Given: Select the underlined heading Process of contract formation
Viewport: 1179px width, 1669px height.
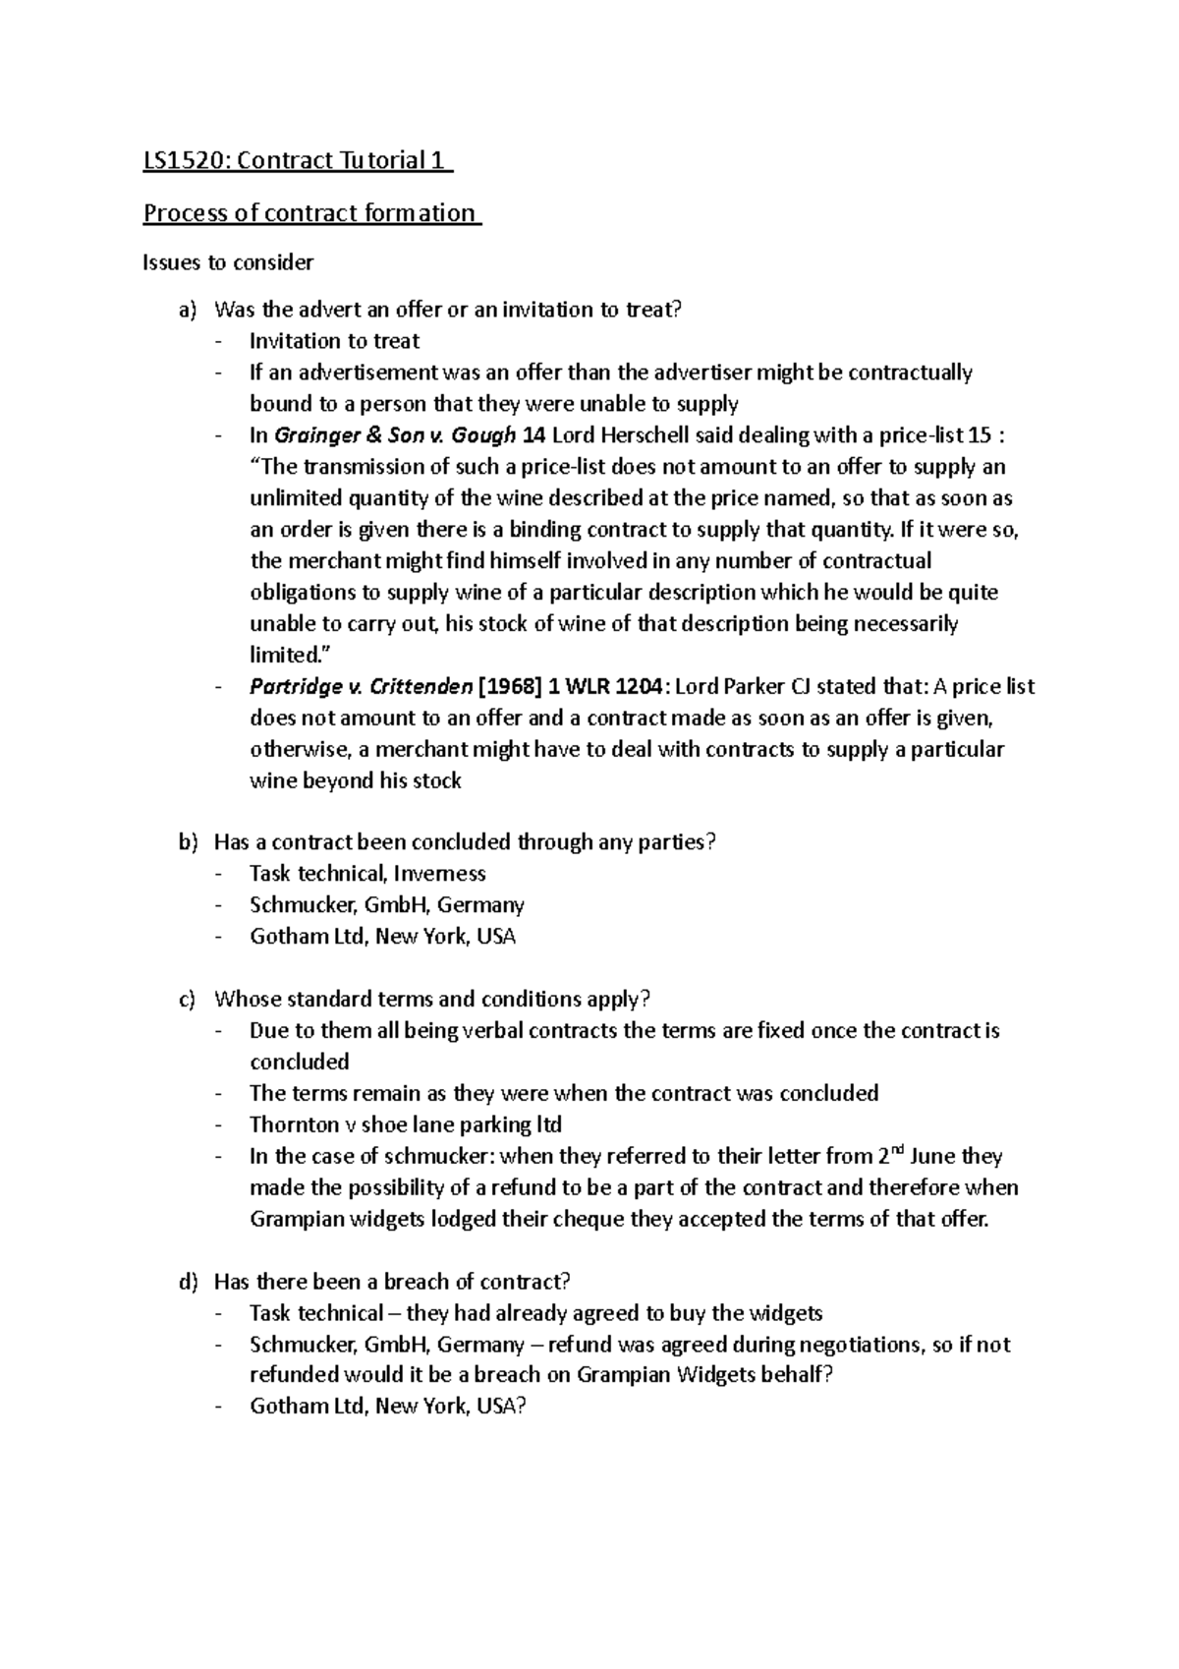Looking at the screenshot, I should coord(309,213).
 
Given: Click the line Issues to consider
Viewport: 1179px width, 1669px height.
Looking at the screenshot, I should coord(228,262).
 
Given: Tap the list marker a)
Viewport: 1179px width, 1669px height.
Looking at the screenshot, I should coord(188,311).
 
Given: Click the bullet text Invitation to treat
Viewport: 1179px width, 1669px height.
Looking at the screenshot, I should coord(334,341).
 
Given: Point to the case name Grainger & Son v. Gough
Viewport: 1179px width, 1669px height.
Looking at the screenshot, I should coord(395,435).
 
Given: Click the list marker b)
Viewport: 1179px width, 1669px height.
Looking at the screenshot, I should coord(188,842).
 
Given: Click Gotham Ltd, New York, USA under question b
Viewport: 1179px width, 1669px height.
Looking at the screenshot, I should coord(382,937).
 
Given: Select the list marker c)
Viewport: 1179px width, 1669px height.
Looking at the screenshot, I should coord(188,1000).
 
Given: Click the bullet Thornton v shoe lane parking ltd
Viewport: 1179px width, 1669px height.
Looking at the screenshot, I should coord(405,1124).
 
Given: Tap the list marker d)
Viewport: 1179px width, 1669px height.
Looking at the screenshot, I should coord(188,1282).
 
